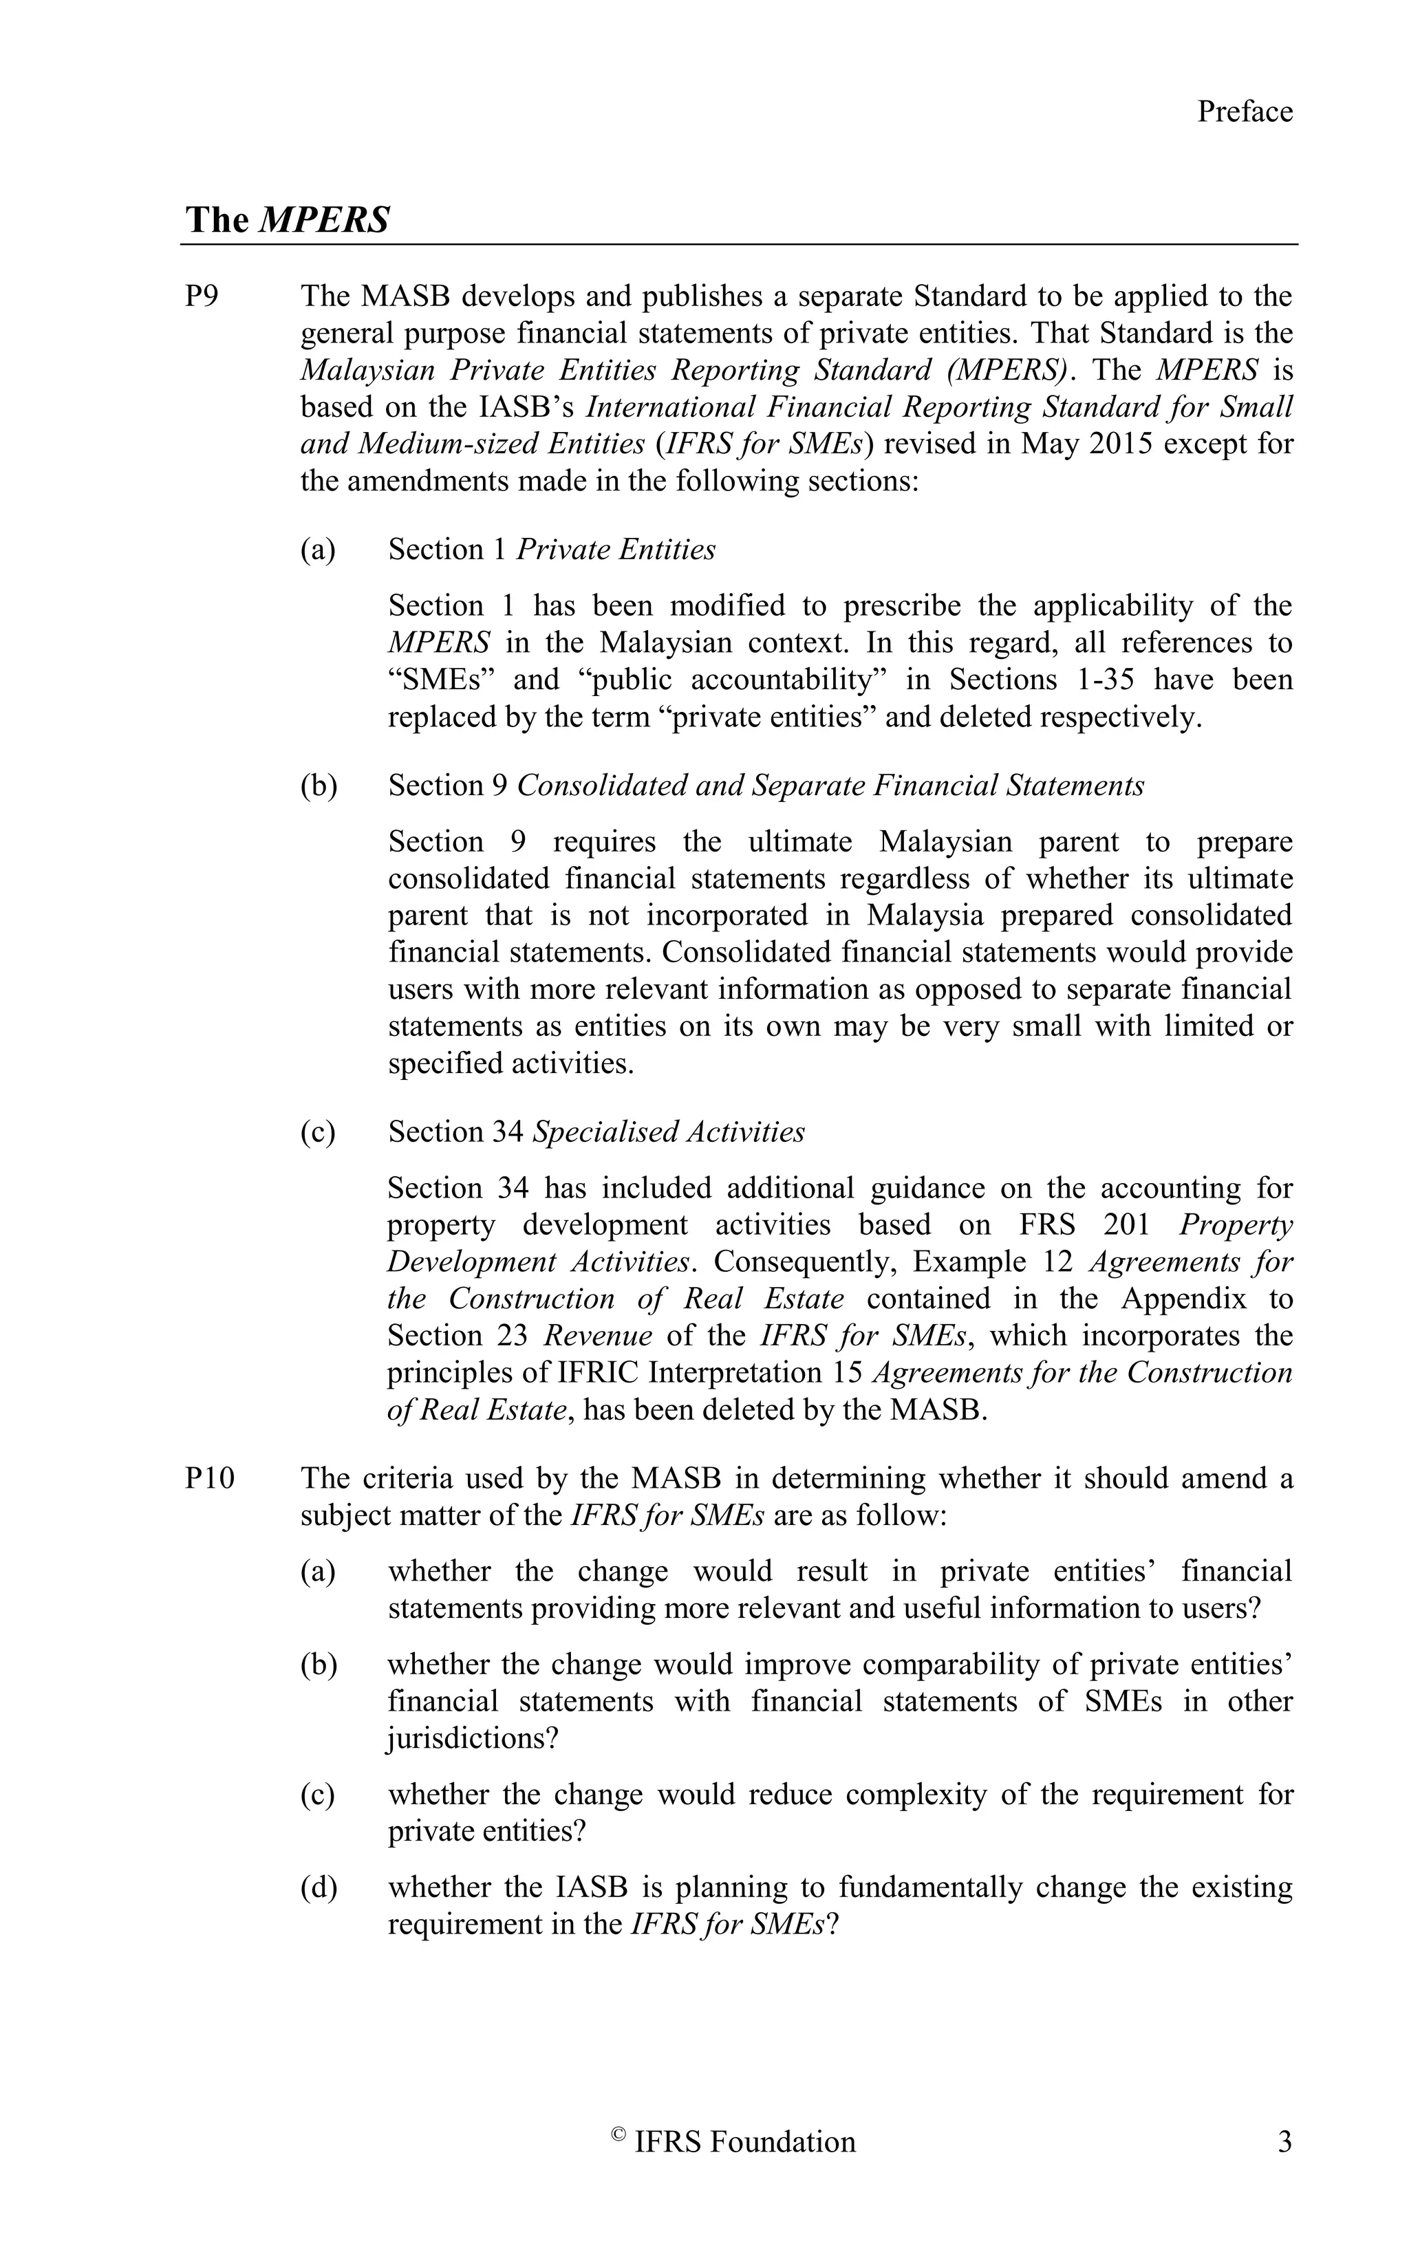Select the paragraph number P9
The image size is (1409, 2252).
tap(202, 296)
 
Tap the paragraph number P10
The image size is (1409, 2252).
tap(210, 1479)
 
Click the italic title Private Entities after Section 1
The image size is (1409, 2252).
tap(615, 550)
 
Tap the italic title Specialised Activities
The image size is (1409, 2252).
tap(668, 1132)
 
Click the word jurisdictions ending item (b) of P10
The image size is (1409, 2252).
tap(471, 1739)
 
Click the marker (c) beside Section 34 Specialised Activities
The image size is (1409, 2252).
tap(318, 1132)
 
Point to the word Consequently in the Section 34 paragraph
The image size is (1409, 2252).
tap(802, 1262)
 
